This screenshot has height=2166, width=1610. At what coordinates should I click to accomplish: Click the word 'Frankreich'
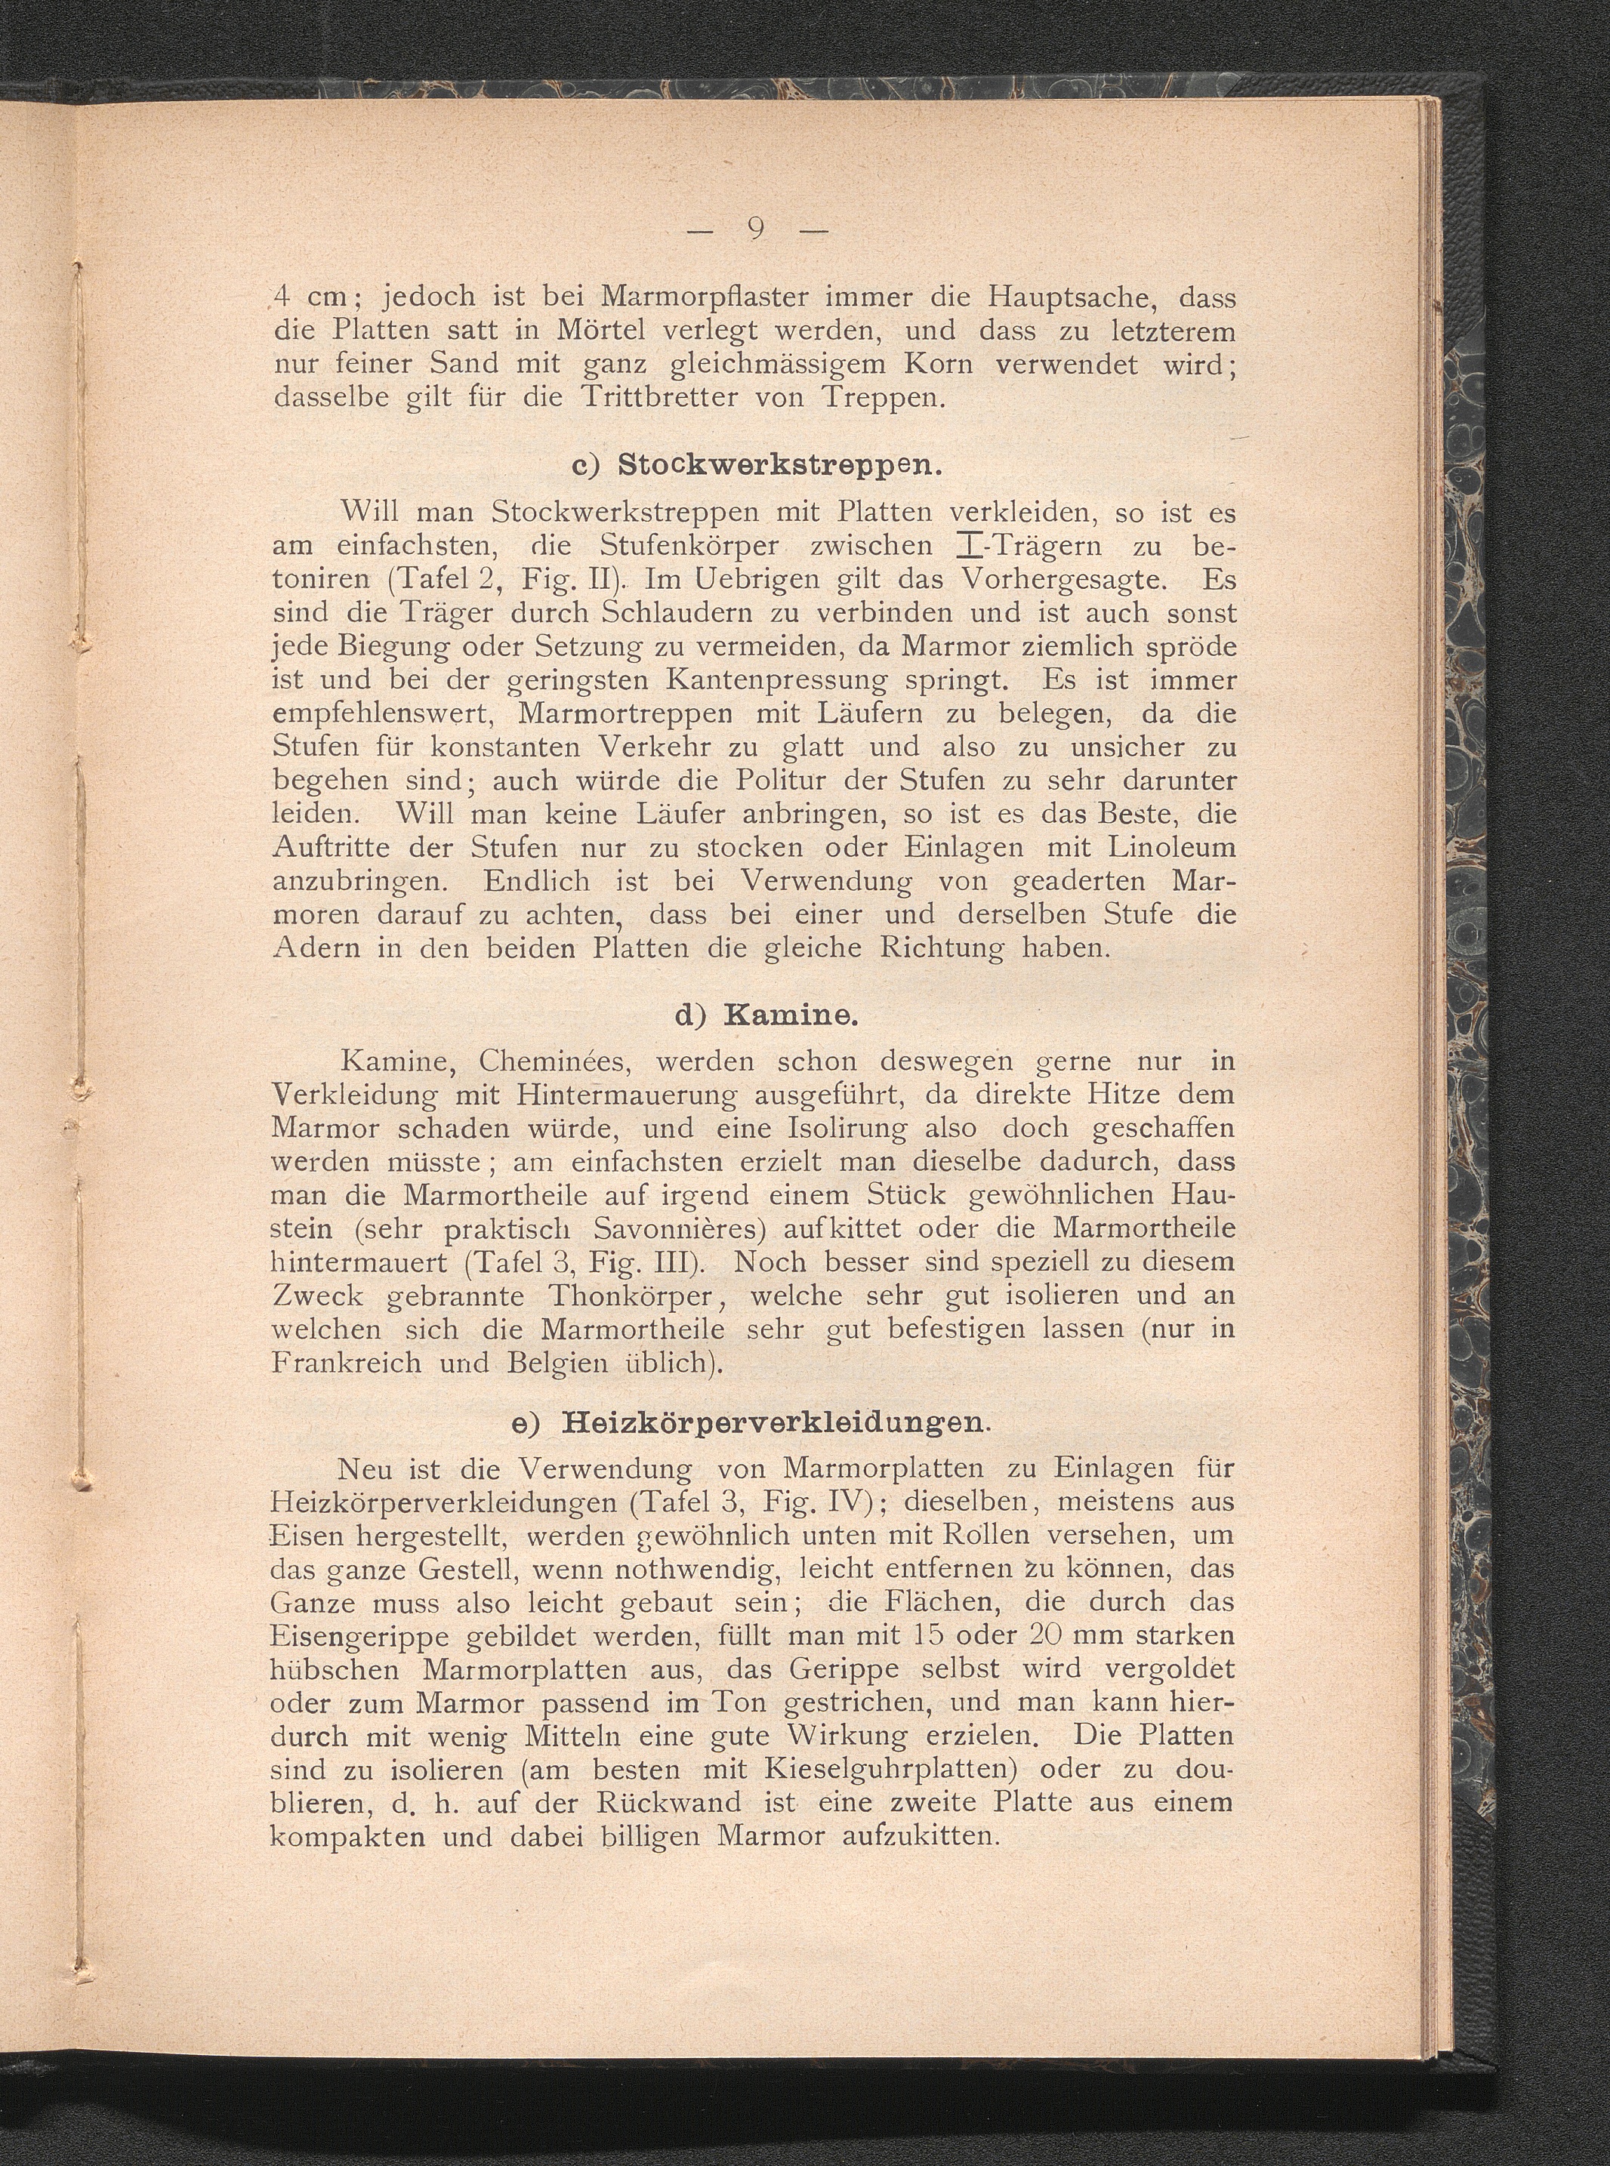point(348,1362)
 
